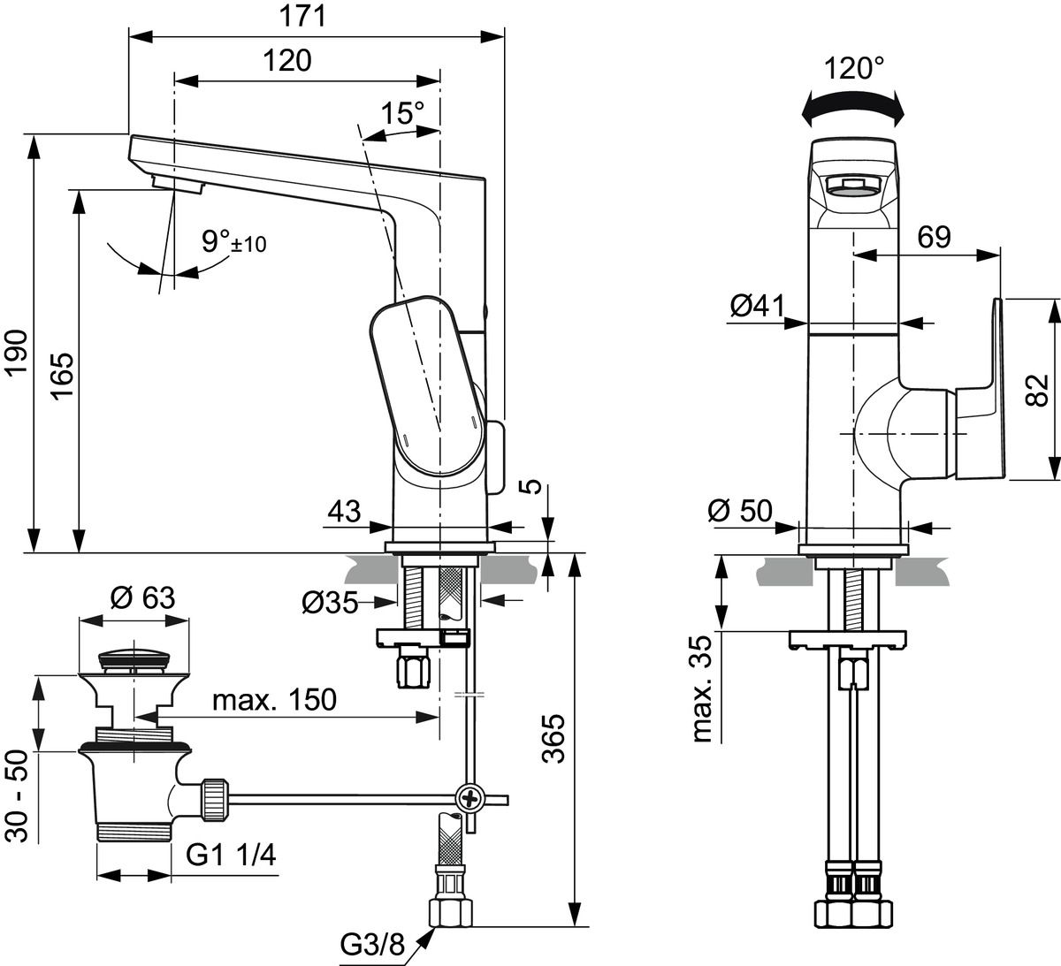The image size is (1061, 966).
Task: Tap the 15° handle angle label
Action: tap(402, 113)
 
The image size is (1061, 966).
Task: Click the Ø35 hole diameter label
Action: tap(330, 603)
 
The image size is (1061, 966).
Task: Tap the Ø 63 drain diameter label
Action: tap(142, 598)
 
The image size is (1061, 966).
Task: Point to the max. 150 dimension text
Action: tap(274, 699)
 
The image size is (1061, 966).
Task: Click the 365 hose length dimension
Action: tap(553, 734)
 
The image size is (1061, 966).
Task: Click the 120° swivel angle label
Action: tap(853, 68)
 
